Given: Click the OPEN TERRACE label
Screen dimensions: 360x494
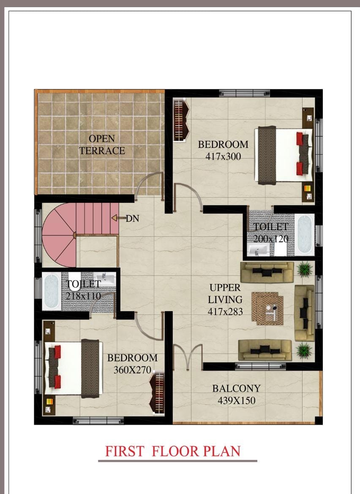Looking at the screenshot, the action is tap(102, 145).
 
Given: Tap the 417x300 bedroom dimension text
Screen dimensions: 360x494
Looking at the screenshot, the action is tap(223, 156).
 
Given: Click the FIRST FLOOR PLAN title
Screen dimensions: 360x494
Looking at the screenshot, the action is tap(172, 451).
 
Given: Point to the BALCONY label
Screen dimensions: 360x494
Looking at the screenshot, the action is tap(236, 388).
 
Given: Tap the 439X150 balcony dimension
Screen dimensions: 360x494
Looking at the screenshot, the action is tap(236, 401).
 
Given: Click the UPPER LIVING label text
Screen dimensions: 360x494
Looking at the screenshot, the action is tap(225, 293).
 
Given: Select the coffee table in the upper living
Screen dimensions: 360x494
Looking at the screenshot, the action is tap(267, 308).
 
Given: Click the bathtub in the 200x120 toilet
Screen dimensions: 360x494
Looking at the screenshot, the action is tap(305, 234).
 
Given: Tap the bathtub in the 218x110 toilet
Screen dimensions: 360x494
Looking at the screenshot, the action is tap(52, 292).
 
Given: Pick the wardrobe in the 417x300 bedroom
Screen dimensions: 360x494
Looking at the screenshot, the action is tap(181, 120).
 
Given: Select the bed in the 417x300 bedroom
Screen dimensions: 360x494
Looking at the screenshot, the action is tap(285, 156).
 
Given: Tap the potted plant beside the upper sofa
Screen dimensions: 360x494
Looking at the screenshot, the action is tap(305, 269).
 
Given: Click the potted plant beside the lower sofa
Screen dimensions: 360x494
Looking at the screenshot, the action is tap(304, 350).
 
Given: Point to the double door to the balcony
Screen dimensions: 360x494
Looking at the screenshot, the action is tap(188, 356).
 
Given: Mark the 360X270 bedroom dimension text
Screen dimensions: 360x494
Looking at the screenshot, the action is tap(132, 370).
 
